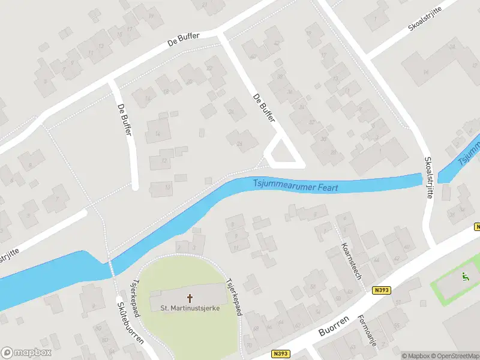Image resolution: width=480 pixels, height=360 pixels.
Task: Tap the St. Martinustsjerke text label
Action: (190, 308)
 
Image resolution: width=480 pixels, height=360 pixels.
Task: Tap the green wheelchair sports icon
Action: (464, 277)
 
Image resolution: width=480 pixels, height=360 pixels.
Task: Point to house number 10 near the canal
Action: (167, 188)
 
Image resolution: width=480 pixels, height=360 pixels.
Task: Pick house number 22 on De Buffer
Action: (209, 68)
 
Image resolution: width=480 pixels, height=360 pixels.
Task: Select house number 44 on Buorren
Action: (377, 259)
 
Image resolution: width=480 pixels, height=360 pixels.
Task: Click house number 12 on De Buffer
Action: (164, 160)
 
